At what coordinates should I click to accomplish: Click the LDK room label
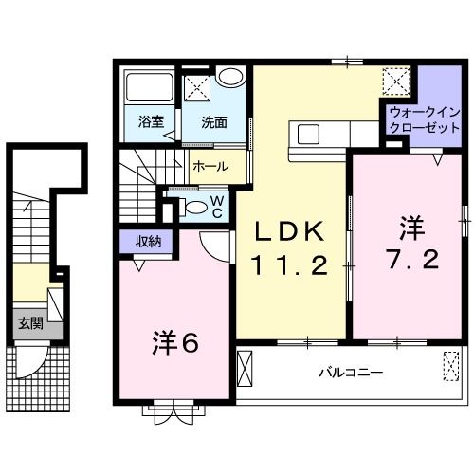pyautogui.click(x=291, y=230)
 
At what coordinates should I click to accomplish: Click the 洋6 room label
pyautogui.click(x=173, y=342)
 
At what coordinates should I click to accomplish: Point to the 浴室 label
pyautogui.click(x=151, y=121)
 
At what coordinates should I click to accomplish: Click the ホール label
pyautogui.click(x=210, y=166)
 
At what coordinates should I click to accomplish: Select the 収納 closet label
pyautogui.click(x=147, y=241)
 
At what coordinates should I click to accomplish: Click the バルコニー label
pyautogui.click(x=350, y=373)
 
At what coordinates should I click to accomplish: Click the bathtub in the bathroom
pyautogui.click(x=150, y=88)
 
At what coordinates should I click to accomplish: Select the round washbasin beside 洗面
pyautogui.click(x=229, y=78)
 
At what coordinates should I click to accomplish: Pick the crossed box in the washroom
pyautogui.click(x=197, y=89)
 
